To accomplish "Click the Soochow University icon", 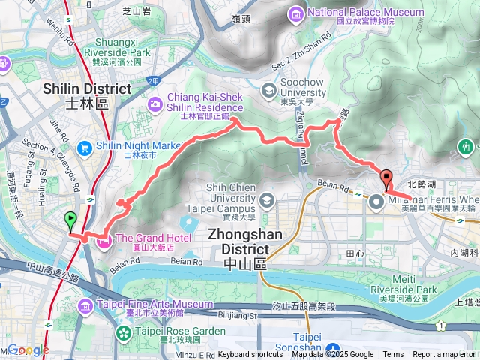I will tap(268, 90).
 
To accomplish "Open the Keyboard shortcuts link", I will tap(250, 355).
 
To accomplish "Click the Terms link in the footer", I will tap(393, 355).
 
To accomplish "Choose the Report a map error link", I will tap(445, 355).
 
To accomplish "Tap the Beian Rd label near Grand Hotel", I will tap(187, 262).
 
